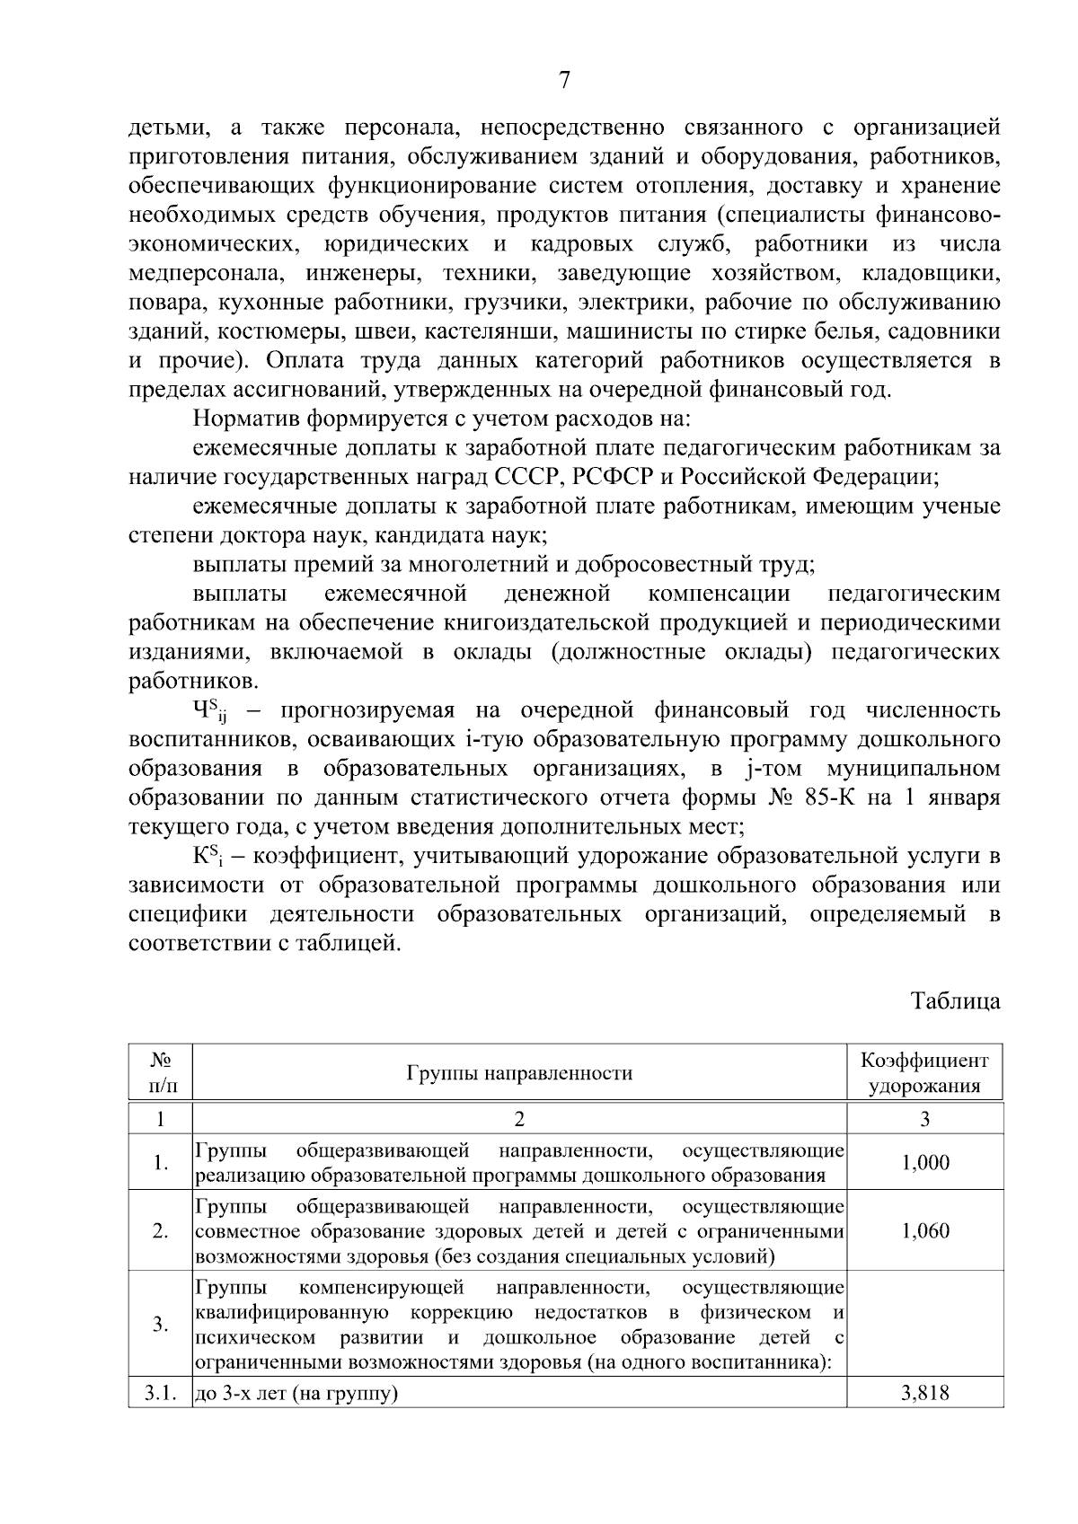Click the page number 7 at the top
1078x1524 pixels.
coord(564,81)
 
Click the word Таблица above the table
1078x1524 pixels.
coord(955,1000)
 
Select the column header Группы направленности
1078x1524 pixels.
coord(519,1073)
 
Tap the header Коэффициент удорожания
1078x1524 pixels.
coord(924,1073)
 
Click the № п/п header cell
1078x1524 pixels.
coord(161,1073)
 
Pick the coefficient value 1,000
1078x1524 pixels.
coord(925,1163)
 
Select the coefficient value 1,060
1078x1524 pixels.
coord(925,1230)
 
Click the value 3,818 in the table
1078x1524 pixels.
coord(925,1394)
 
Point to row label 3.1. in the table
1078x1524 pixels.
coord(160,1394)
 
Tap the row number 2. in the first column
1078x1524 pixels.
coord(160,1231)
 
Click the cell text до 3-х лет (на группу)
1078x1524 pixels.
coord(297,1394)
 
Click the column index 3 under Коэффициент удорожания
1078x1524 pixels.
coord(925,1119)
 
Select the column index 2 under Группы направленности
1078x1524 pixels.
coord(518,1119)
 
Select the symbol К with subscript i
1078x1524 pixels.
coord(207,858)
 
